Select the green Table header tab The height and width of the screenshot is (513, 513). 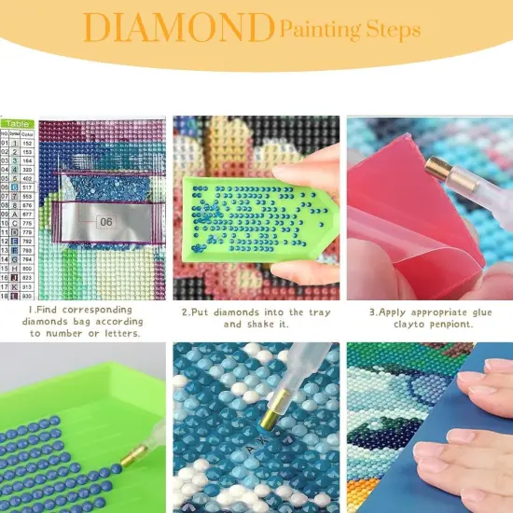(x=18, y=122)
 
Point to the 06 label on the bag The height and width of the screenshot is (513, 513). (x=104, y=222)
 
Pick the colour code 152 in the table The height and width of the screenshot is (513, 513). (x=29, y=143)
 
